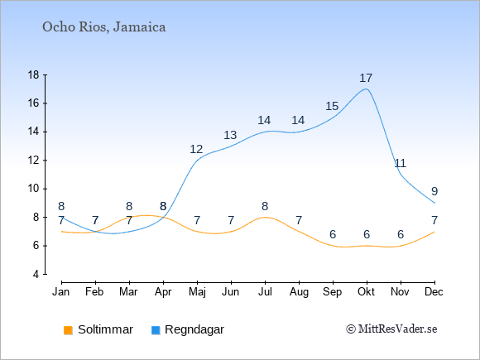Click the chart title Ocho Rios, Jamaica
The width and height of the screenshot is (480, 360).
(104, 27)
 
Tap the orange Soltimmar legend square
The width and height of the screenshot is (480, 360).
(68, 330)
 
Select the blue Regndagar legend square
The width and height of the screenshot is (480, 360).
(156, 330)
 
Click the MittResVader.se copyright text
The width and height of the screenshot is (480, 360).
(391, 329)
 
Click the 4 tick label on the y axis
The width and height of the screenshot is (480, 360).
(36, 274)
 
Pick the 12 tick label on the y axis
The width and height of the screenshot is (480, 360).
(34, 160)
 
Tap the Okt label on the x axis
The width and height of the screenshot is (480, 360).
(366, 292)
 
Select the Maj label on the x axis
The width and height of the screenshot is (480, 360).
(197, 292)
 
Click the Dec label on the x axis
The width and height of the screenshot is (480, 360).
(434, 292)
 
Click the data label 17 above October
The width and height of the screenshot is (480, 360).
(366, 78)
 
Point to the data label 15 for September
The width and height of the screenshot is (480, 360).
(332, 106)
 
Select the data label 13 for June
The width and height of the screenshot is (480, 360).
(230, 135)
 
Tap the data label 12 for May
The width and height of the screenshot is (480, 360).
(196, 149)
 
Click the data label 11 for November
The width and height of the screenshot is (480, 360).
(400, 163)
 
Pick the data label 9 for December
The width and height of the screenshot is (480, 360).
(434, 191)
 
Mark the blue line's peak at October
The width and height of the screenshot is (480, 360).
(366, 89)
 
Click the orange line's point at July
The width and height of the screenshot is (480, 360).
(265, 217)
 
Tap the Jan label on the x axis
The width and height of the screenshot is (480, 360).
(61, 292)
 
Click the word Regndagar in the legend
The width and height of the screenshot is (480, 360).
(194, 329)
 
